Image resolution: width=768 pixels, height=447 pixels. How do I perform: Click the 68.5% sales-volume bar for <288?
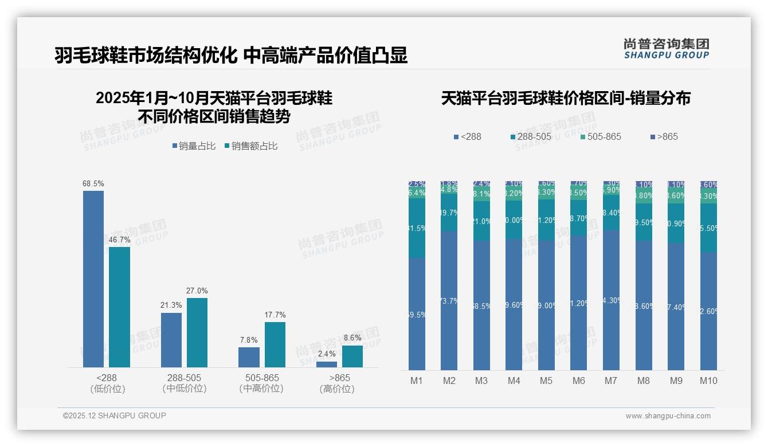tap(93, 279)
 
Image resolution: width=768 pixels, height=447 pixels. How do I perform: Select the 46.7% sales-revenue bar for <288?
tap(120, 307)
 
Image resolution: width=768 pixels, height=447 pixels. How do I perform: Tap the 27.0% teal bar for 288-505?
tap(197, 332)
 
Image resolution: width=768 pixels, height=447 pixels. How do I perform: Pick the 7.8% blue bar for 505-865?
tap(249, 357)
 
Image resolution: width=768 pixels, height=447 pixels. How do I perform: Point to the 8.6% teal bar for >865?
tap(352, 356)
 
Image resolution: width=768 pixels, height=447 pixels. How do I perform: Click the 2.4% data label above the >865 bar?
tap(327, 354)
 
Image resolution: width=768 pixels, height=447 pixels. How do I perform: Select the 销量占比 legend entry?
tap(194, 146)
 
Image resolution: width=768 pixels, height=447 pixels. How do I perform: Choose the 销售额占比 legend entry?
tap(251, 146)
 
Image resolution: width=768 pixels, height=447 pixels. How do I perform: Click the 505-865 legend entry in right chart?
tap(601, 137)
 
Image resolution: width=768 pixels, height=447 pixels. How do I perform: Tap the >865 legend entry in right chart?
tap(664, 137)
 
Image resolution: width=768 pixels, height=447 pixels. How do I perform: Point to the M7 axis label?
tap(611, 381)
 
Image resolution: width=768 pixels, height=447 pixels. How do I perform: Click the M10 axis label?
tap(708, 381)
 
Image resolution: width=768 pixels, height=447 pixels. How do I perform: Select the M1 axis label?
tap(417, 381)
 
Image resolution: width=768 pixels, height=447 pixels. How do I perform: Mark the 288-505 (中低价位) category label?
tap(185, 383)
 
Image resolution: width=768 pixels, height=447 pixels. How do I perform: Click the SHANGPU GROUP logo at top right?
tap(667, 49)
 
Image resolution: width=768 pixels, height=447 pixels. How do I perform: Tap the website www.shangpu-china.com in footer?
tap(668, 416)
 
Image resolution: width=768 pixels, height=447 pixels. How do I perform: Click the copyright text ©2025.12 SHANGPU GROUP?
tap(115, 415)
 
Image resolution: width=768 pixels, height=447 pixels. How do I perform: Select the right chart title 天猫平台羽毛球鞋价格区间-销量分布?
tap(566, 98)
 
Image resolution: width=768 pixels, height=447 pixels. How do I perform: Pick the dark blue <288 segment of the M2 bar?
tap(449, 301)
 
